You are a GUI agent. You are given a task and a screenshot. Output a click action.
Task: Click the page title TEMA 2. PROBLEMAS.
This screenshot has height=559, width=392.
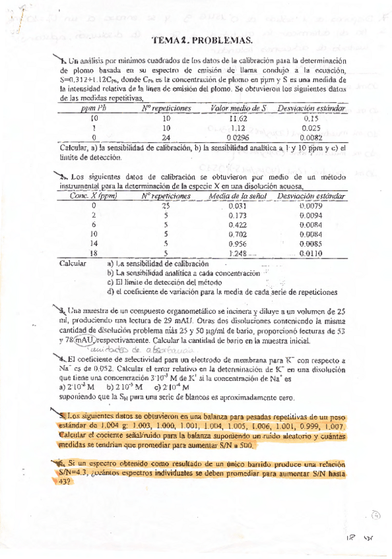[x=203, y=42]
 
